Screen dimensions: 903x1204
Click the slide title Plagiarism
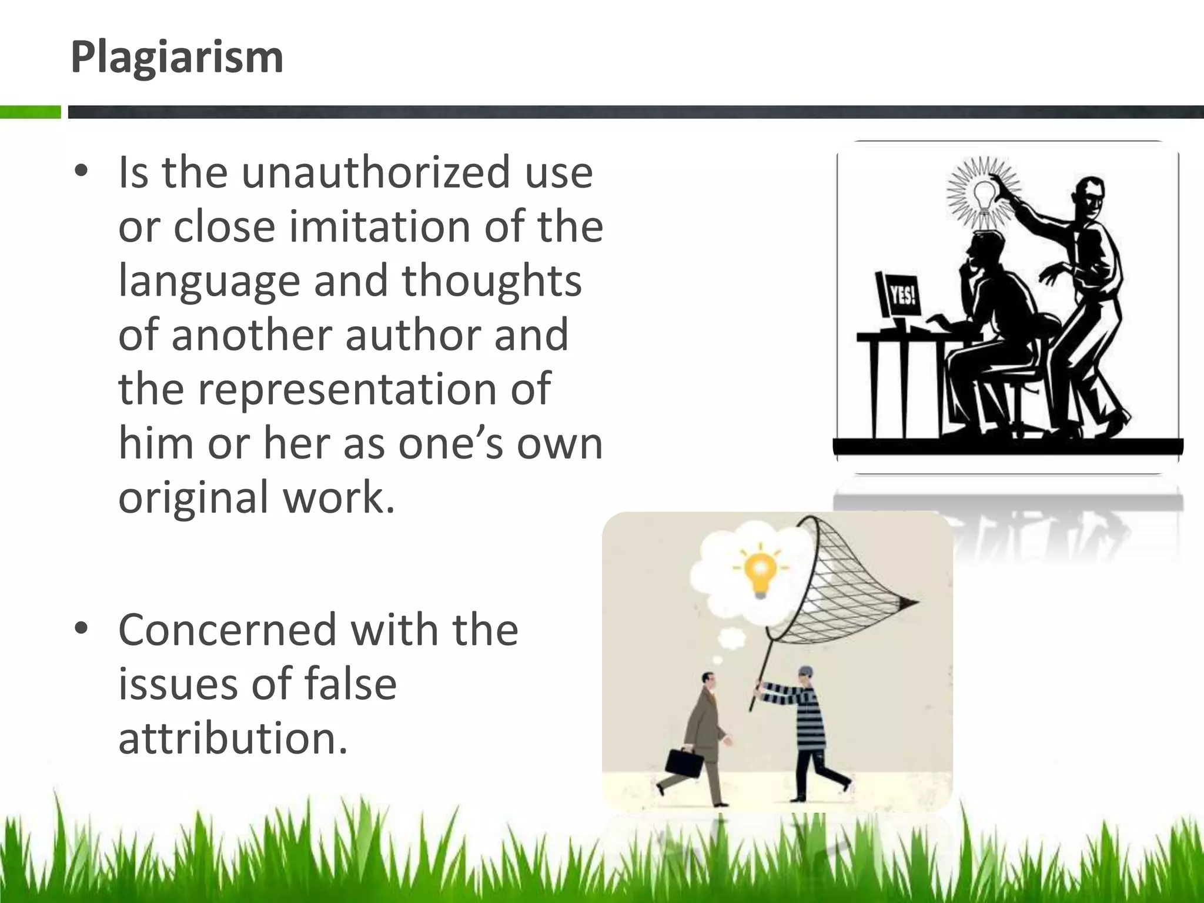[x=176, y=58]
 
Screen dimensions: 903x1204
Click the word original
[x=193, y=497]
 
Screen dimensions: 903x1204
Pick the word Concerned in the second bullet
[x=226, y=630]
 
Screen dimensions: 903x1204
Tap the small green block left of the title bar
[x=30, y=112]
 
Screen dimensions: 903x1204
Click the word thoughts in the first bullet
[x=491, y=281]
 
